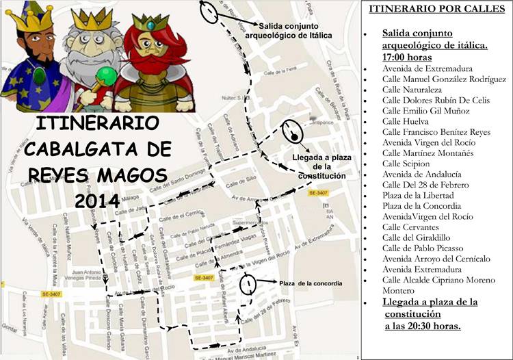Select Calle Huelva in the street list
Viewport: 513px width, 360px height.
click(405, 121)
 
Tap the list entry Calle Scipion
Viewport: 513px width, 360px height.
click(406, 164)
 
